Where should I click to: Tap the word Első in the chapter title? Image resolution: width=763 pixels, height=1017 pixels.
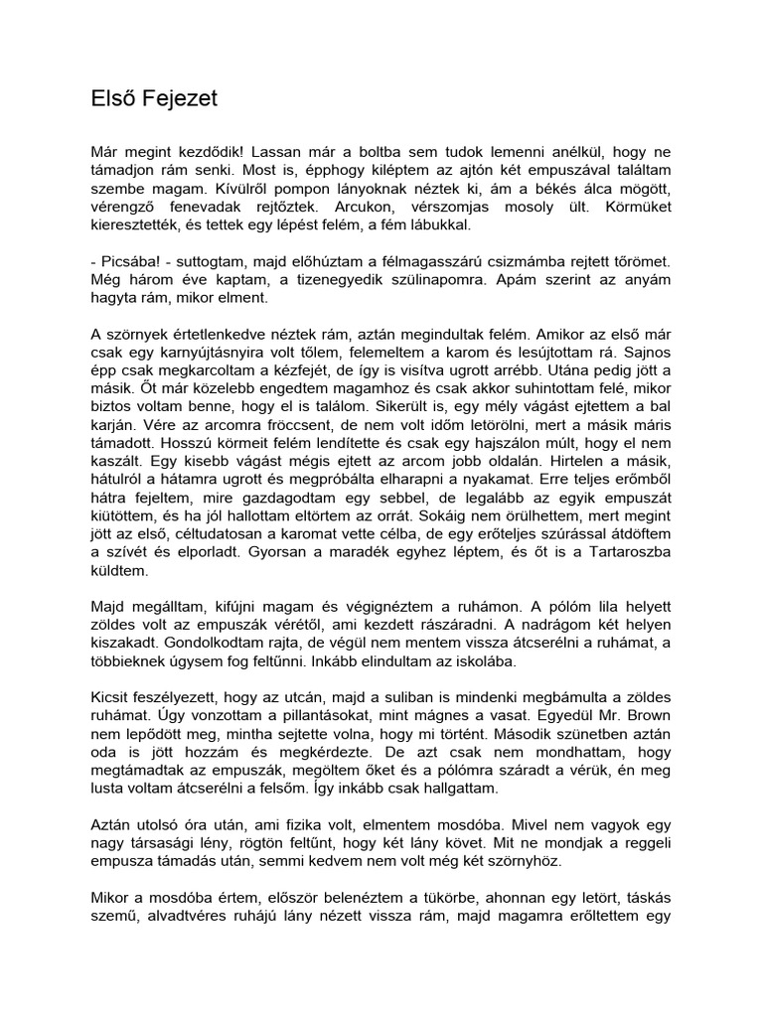[x=105, y=99]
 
